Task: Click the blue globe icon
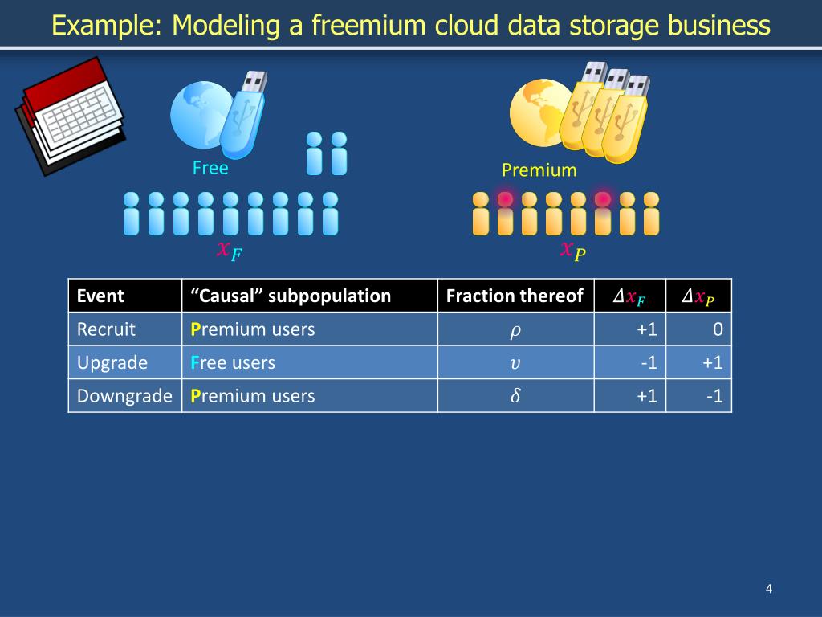[201, 116]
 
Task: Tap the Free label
[210, 168]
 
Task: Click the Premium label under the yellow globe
[539, 170]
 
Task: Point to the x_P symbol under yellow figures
[572, 251]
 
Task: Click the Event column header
[100, 296]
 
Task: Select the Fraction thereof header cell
[515, 296]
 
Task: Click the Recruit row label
[106, 329]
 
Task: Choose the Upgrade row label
[112, 362]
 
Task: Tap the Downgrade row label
[124, 395]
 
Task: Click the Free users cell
[233, 362]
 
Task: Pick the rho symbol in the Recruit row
[515, 329]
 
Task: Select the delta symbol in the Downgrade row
[515, 395]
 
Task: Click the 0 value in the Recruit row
[717, 329]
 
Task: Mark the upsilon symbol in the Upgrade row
[515, 362]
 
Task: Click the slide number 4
[768, 590]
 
